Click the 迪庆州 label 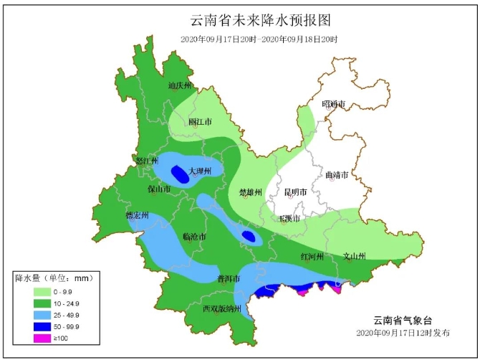click(181, 85)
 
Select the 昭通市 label click(334, 104)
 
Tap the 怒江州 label click(146, 161)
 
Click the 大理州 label click(200, 171)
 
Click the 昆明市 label click(295, 192)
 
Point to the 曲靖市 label click(337, 175)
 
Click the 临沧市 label click(194, 236)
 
